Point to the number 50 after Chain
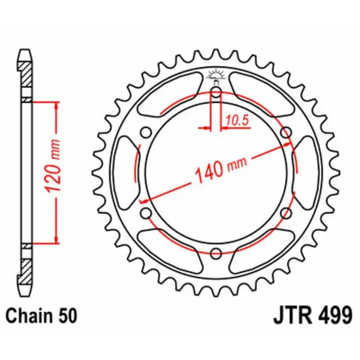pos(68,315)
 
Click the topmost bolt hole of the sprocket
pos(216,94)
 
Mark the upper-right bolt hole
pos(286,132)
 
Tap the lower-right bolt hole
pos(286,213)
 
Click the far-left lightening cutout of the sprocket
pos(124,173)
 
